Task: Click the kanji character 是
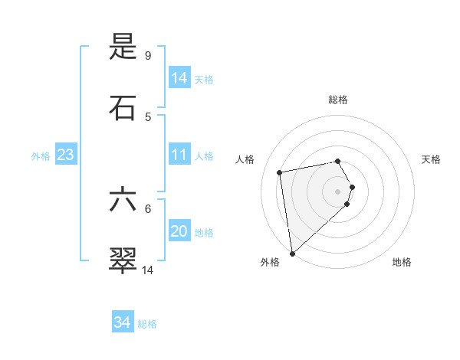pos(123,48)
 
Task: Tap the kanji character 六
pos(123,200)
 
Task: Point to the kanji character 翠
pos(123,260)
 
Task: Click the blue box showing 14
pos(179,77)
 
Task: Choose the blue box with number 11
pos(179,155)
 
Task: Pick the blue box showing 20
pos(179,231)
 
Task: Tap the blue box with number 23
pos(66,155)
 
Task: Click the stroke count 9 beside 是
pos(148,55)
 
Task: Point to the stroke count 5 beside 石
pos(148,116)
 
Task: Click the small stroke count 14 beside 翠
pos(148,270)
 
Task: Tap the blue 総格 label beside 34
pos(147,324)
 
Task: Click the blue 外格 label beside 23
pos(41,156)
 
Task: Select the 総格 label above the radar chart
pos(338,100)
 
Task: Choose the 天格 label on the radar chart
pos(432,159)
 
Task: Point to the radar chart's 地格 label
pos(402,262)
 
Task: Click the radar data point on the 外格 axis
pos(292,253)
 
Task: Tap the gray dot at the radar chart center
pos(338,191)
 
